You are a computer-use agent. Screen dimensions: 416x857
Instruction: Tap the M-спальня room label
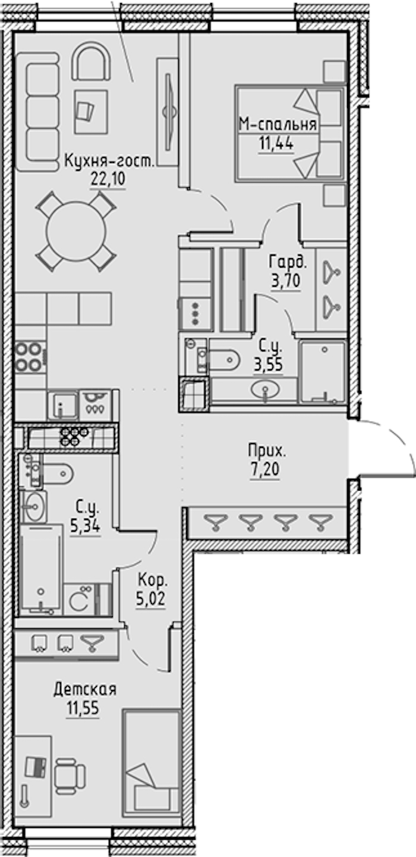[x=278, y=124]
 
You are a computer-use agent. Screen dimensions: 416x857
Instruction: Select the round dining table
[x=76, y=232]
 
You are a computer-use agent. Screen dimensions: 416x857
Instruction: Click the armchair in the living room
[x=91, y=61]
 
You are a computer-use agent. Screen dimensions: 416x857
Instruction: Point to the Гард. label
[x=288, y=263]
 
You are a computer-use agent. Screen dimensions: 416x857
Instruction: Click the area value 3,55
[x=269, y=365]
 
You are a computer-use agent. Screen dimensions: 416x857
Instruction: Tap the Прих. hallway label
[x=267, y=451]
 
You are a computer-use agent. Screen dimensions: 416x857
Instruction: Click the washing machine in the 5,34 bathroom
[x=79, y=599]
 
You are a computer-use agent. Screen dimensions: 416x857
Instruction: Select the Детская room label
[x=85, y=690]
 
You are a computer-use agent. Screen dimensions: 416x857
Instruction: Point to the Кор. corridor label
[x=153, y=580]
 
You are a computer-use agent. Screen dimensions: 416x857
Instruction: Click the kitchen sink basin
[x=63, y=405]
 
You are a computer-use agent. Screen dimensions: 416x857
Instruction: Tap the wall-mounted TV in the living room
[x=169, y=112]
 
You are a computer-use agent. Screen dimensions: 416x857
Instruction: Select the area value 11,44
[x=276, y=143]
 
